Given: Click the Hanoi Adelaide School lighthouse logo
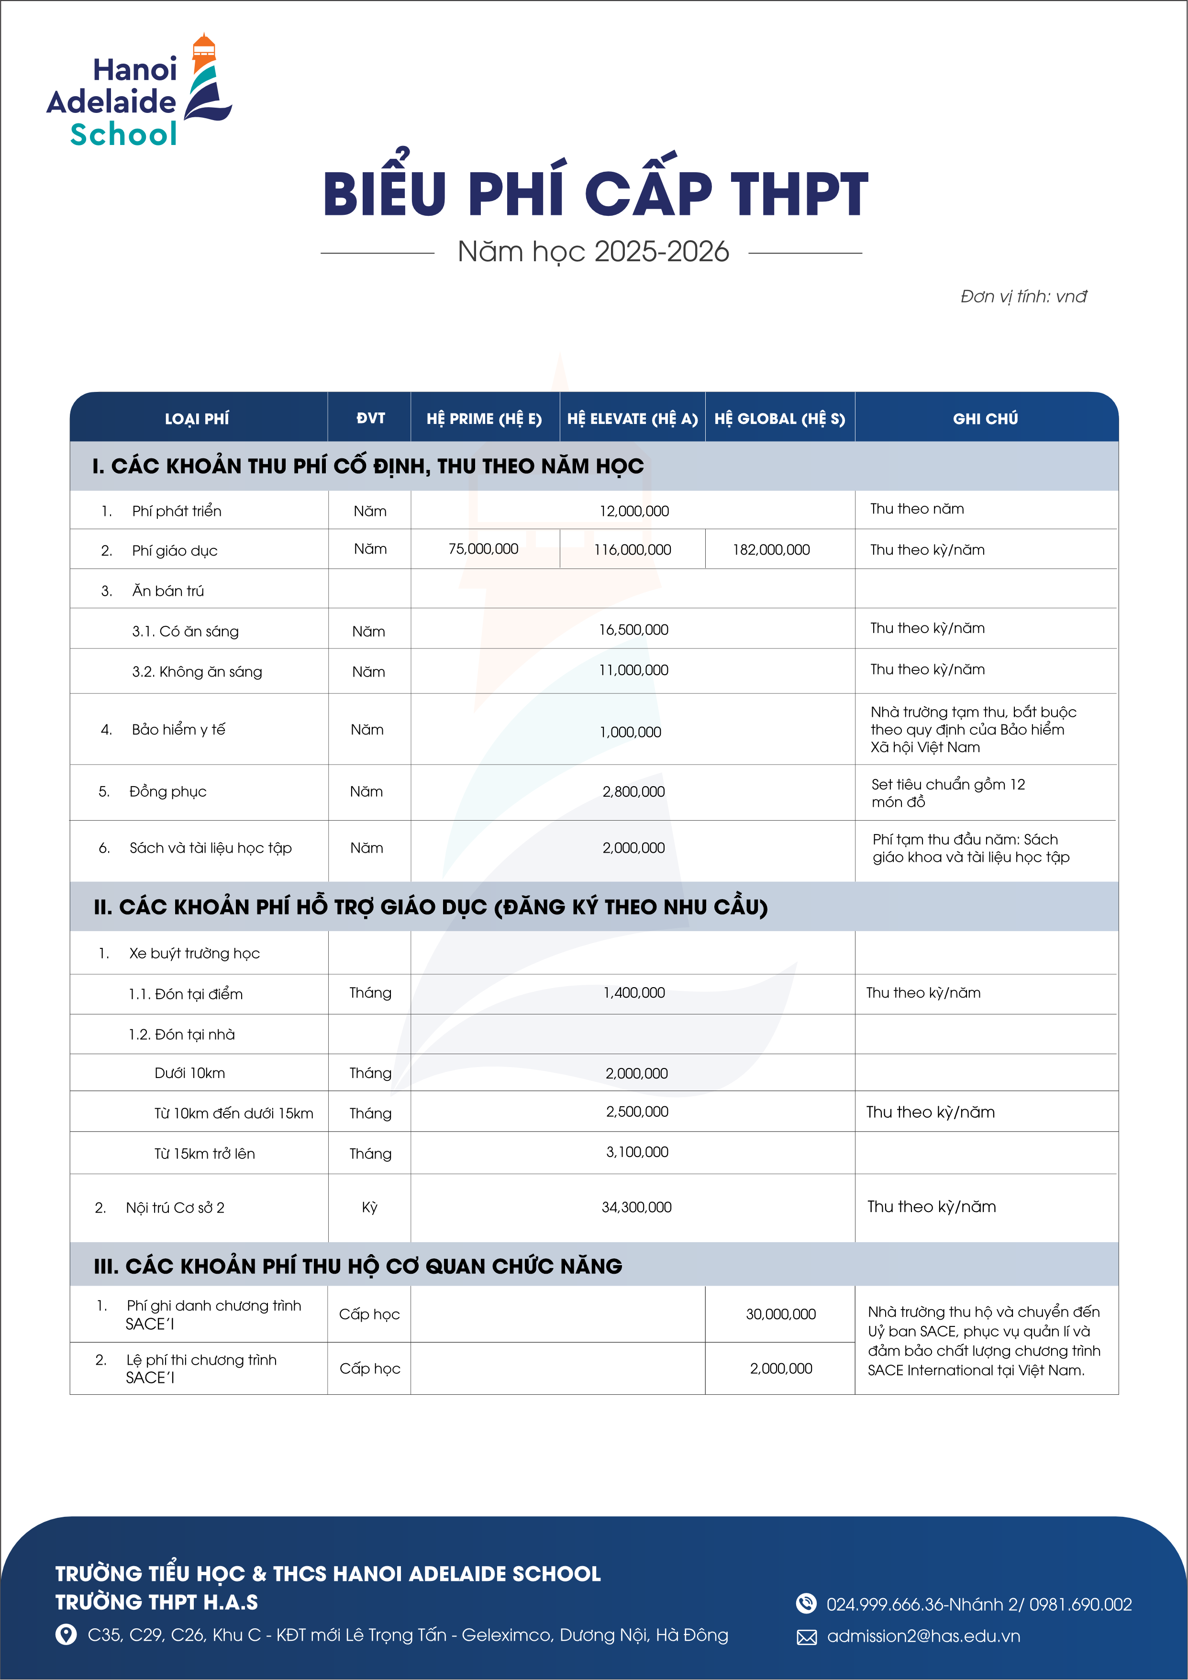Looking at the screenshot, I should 138,91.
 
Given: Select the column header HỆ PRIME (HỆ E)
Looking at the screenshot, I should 484,419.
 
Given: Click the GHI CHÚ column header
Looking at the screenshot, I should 985,419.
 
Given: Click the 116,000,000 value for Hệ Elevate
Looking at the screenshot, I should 632,549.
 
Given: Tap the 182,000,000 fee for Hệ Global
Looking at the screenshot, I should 771,549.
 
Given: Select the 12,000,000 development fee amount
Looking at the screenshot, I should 633,511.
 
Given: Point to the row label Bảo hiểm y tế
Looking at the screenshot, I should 178,730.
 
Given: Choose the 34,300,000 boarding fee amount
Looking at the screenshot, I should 636,1207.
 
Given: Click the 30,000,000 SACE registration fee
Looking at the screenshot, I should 780,1314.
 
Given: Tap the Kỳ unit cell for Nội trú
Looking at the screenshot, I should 369,1207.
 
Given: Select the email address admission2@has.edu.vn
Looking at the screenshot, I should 923,1636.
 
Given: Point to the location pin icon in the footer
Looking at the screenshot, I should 66,1635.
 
